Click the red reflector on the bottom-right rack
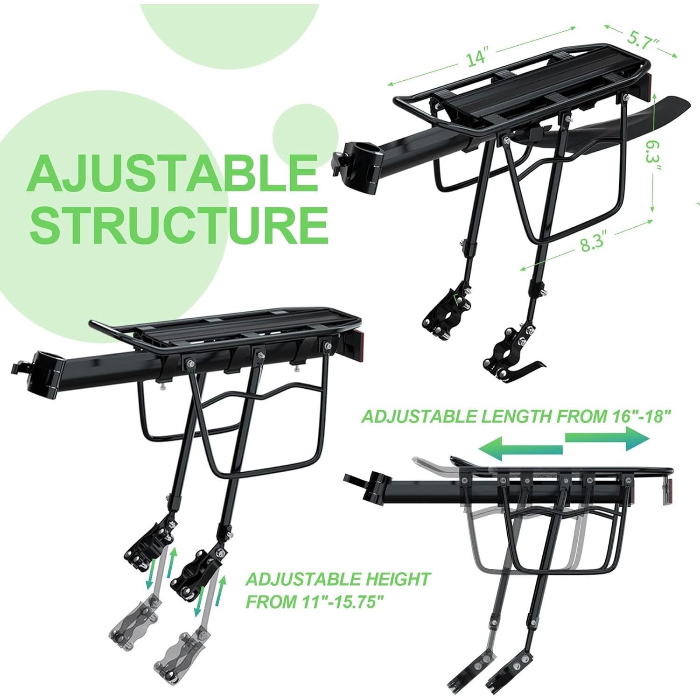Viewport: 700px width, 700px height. coord(665,492)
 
